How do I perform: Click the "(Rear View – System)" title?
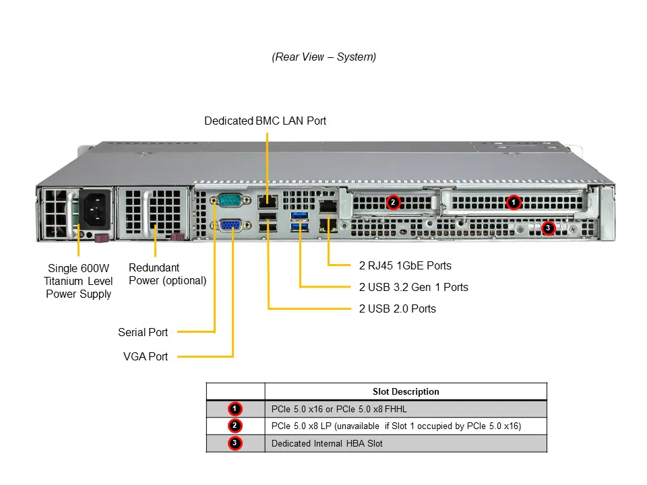point(323,57)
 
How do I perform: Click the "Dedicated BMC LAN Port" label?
point(265,121)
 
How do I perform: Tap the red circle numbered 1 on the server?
point(514,201)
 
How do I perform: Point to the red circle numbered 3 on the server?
point(548,228)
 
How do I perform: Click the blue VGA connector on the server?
point(228,227)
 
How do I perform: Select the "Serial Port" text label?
point(143,332)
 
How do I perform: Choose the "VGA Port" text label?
point(146,356)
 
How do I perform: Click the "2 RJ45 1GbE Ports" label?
point(405,265)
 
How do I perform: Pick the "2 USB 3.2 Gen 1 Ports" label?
point(413,287)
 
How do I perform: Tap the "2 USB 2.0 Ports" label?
point(397,309)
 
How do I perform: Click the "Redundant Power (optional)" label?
point(167,274)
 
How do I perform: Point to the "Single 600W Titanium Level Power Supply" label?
point(78,281)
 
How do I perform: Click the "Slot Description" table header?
point(406,391)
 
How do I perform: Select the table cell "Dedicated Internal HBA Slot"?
point(326,443)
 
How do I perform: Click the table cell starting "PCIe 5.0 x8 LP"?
point(396,426)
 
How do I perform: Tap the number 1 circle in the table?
point(235,409)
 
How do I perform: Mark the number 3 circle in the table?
point(235,443)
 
